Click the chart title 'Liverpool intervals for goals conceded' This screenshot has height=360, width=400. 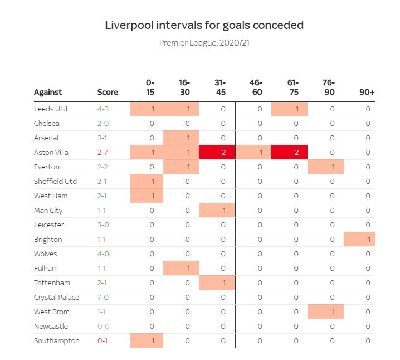coord(204,25)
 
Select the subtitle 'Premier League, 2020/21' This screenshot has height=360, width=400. coord(204,43)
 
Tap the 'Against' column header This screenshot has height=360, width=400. coord(48,93)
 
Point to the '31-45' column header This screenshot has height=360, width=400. coord(220,87)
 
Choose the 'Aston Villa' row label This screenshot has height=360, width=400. coord(51,152)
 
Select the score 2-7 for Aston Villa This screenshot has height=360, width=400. coord(103,152)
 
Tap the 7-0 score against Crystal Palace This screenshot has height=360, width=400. coord(103,297)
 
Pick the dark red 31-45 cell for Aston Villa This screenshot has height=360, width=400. coord(217,152)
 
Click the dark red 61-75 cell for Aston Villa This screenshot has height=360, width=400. coord(289,152)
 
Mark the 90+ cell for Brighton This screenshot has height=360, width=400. coord(359,239)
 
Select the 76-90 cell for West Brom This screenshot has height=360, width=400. coord(325,312)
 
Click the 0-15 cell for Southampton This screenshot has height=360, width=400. coord(147,340)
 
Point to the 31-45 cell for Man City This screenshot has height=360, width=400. coord(217,210)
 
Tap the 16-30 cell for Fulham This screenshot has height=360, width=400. coord(181,268)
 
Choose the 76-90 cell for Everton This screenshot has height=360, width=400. coord(325,167)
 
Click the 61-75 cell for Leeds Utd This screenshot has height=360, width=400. coord(289,109)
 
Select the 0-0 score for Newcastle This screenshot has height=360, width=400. coord(103,326)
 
